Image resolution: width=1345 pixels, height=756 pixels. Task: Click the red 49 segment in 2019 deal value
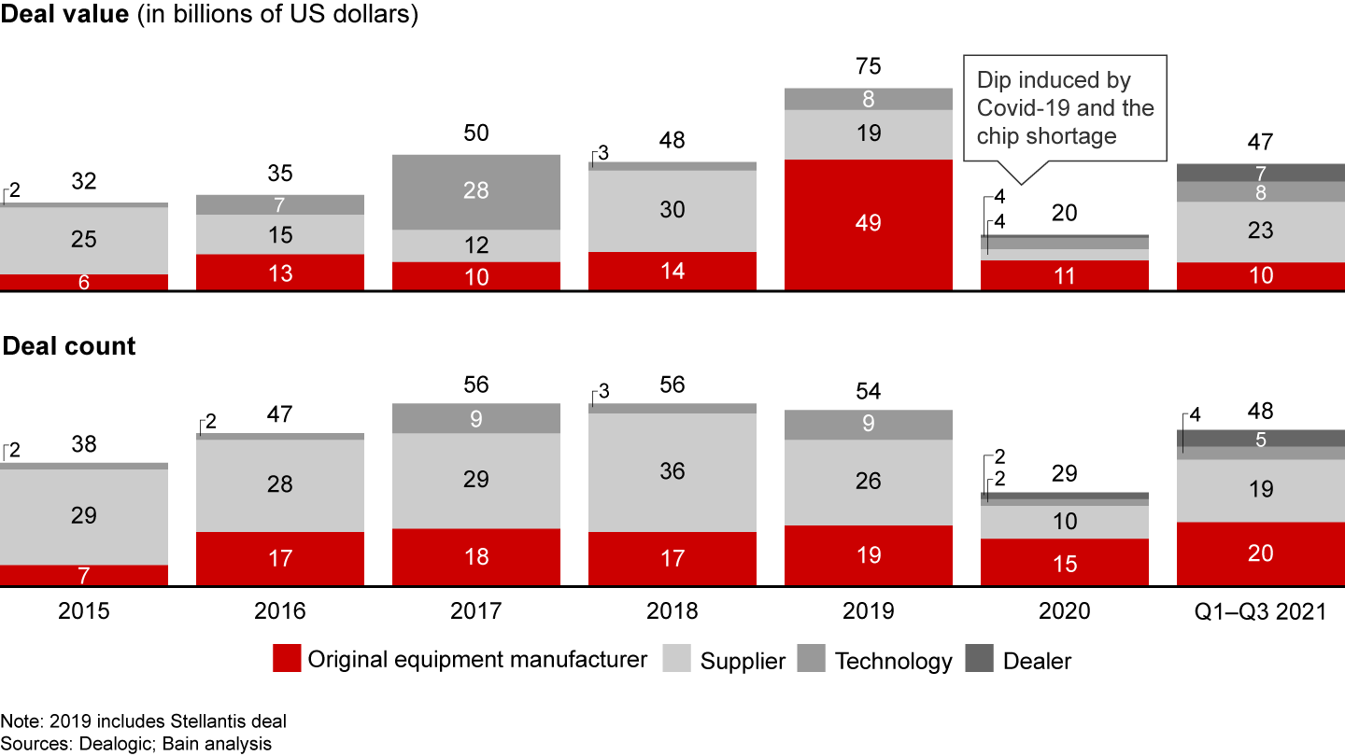[868, 224]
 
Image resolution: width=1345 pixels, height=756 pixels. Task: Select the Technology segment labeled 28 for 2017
[475, 191]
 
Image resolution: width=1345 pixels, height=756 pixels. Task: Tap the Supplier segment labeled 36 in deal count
[672, 472]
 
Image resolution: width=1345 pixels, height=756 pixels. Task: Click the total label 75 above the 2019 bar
[868, 67]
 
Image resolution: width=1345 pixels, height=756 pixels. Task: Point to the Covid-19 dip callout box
[1065, 108]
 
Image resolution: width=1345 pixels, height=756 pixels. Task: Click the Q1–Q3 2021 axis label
[1260, 611]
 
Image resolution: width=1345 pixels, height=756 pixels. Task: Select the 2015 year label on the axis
[83, 611]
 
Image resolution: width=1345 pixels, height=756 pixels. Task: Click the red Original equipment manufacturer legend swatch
[287, 661]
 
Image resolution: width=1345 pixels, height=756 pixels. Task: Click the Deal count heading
[69, 346]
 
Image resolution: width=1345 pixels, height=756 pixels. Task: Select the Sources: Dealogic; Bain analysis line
[136, 743]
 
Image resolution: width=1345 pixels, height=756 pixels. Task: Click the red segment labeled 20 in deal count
[1260, 553]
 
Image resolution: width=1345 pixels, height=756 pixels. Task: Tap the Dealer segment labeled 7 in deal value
[1260, 173]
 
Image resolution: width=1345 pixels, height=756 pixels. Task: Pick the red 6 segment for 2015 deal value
[83, 282]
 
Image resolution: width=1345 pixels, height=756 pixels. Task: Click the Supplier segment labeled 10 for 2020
[1064, 522]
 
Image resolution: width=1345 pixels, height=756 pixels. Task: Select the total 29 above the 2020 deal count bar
[1064, 473]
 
